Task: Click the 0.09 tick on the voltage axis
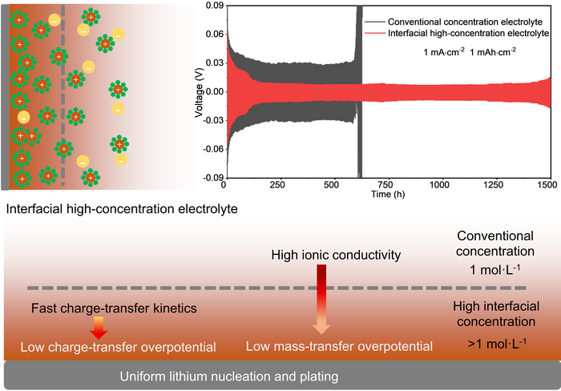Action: tap(212, 6)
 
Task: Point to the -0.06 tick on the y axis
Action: tap(210, 149)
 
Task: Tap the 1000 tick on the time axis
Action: tap(439, 185)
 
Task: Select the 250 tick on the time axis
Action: tap(276, 185)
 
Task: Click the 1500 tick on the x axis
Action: tap(548, 185)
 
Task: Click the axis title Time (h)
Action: tap(387, 194)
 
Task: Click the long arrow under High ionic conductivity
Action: tap(321, 300)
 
